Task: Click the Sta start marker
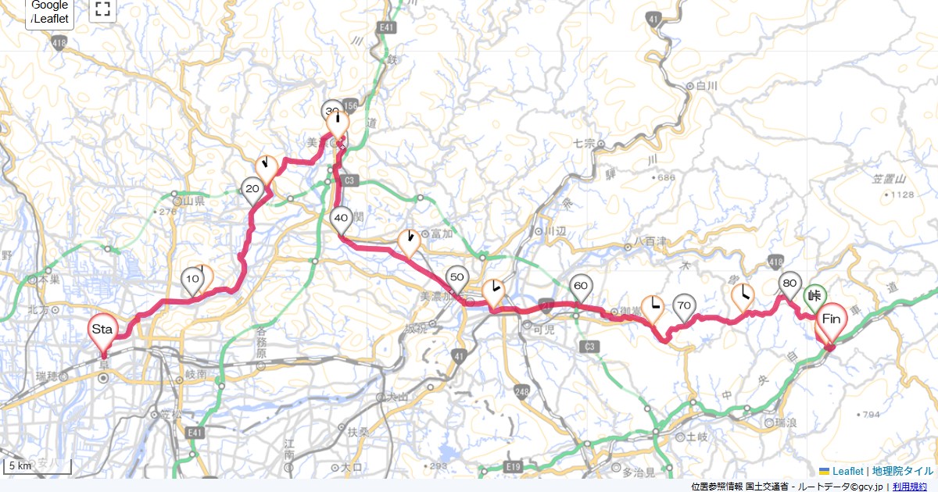pos(102,330)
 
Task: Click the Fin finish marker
pos(831,319)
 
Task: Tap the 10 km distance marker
pos(192,280)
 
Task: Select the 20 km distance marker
pos(252,190)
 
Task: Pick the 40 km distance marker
pos(341,219)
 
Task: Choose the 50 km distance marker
pos(457,278)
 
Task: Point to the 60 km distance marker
pos(581,287)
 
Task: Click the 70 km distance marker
pos(684,305)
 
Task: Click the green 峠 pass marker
pos(814,296)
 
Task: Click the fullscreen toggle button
pos(102,9)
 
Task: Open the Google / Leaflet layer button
pos(50,12)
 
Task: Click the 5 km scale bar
pos(38,466)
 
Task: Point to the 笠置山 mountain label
pos(887,180)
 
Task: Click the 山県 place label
pos(193,201)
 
